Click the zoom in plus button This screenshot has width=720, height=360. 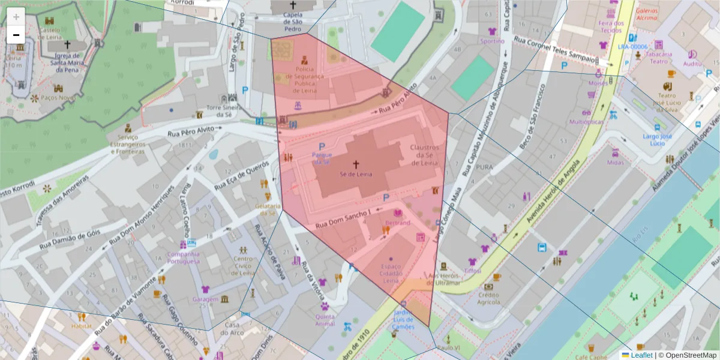(16, 17)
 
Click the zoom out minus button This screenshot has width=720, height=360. (16, 35)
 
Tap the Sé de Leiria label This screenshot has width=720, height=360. (356, 174)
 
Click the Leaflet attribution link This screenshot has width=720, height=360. (641, 355)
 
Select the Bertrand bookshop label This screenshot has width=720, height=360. (397, 223)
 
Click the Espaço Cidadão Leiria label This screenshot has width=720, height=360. (391, 273)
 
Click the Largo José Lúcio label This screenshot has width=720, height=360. (658, 139)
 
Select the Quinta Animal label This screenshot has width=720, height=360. (325, 320)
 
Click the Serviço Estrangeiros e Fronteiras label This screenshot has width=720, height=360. (128, 144)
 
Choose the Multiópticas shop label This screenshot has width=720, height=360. (586, 122)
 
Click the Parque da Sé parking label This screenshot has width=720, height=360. (322, 158)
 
